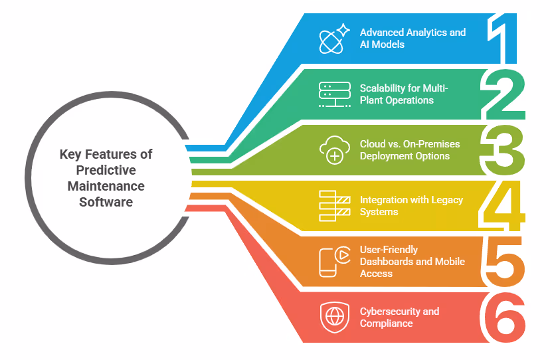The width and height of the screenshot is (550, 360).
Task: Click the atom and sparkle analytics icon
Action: (x=333, y=39)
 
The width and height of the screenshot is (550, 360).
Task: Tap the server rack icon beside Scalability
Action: (x=334, y=94)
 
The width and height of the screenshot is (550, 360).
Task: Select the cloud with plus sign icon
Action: (x=334, y=150)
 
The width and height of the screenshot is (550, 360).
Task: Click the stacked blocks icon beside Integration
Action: (x=334, y=206)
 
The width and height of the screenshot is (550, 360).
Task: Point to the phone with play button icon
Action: (x=334, y=261)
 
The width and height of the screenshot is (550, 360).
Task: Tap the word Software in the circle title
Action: (x=106, y=201)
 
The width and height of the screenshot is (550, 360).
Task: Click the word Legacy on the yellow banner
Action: (x=446, y=200)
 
